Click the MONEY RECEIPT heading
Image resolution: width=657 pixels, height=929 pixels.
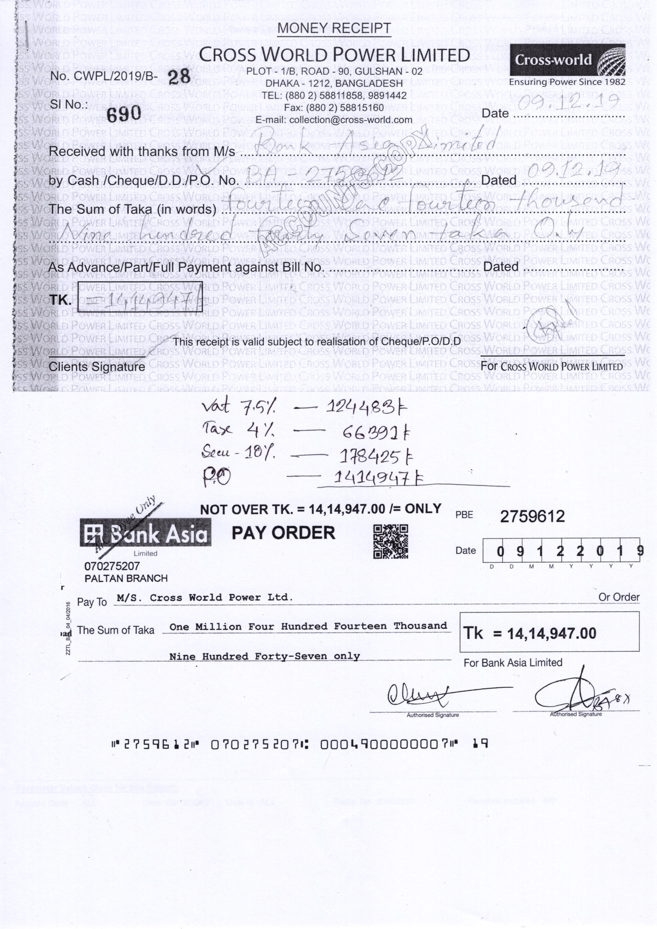[334, 28]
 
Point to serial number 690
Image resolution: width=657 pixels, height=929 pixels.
[124, 113]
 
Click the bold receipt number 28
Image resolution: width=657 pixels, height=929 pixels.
[179, 77]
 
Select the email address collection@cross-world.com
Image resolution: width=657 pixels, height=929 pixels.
[334, 120]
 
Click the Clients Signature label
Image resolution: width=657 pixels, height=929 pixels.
[97, 367]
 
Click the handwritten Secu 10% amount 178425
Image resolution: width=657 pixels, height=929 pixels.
[376, 458]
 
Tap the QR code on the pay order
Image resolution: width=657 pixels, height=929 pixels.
[390, 541]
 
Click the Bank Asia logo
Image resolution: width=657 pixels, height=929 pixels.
[145, 534]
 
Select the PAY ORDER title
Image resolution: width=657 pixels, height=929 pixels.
[283, 533]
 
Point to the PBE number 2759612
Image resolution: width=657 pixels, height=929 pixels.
[532, 516]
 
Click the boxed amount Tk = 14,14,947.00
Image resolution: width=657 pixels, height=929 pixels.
[549, 633]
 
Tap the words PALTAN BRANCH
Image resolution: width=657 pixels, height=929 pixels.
[126, 579]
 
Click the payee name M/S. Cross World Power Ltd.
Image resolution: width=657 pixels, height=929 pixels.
[204, 598]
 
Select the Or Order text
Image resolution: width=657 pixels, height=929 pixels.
[618, 597]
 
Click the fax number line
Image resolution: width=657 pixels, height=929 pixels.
[334, 108]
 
